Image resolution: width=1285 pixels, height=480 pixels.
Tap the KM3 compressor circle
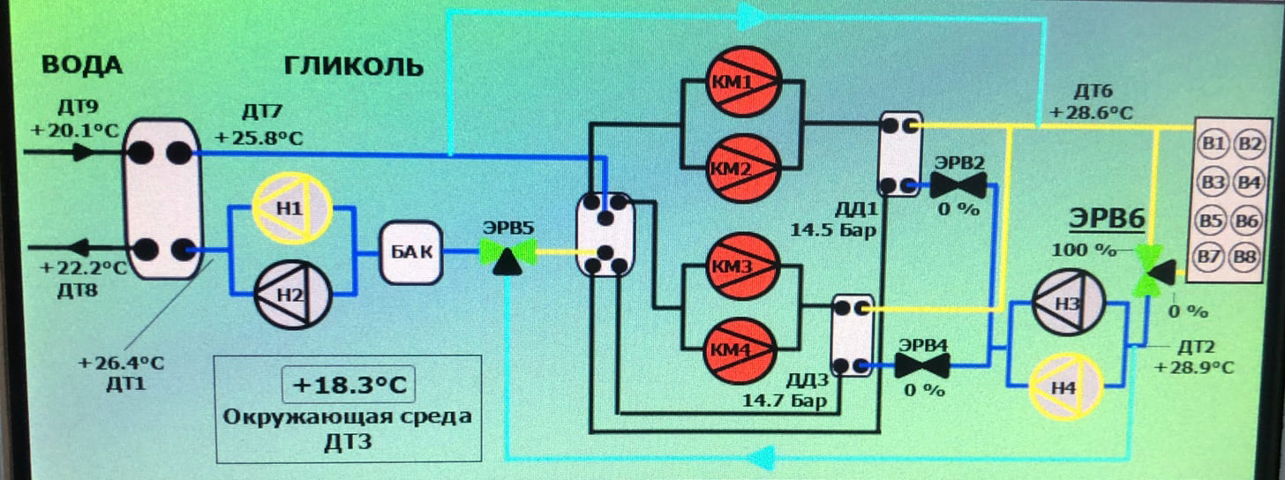tap(740, 266)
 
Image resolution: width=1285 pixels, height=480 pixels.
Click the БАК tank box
tap(410, 252)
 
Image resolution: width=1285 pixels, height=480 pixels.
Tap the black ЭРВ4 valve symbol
tap(922, 364)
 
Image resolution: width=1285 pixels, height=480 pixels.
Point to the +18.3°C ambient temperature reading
tap(348, 386)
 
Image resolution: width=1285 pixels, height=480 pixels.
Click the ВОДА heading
tap(82, 66)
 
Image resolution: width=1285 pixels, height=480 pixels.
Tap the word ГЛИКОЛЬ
tap(353, 66)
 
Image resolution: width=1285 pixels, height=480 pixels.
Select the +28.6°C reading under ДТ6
tap(1091, 113)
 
